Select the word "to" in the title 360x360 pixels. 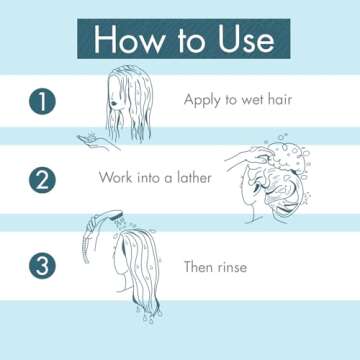tap(185, 40)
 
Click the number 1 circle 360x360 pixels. tap(43, 101)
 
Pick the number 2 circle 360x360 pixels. tap(43, 180)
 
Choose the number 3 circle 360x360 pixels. tap(43, 267)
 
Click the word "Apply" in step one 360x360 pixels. tap(203, 100)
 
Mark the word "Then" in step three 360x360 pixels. tap(201, 267)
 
